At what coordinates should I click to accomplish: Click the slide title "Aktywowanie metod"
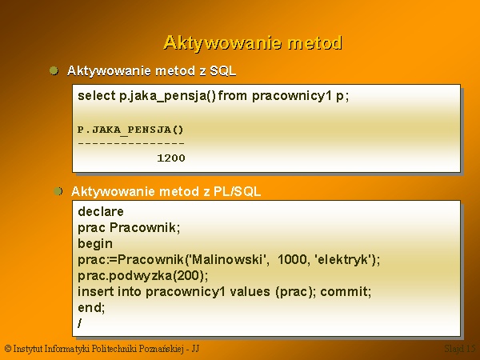(253, 43)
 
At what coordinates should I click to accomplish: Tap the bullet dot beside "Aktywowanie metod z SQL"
(54, 70)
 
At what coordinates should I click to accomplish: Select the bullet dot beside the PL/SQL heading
(58, 191)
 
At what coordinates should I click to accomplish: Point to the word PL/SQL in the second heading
(237, 192)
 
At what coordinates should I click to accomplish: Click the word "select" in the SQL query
(97, 96)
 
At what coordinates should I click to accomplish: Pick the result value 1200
(171, 158)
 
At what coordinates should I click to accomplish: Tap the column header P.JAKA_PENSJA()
(130, 130)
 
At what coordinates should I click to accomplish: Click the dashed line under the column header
(131, 143)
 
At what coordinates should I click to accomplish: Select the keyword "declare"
(101, 211)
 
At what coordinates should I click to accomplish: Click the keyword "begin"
(95, 244)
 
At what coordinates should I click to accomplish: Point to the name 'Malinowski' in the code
(227, 259)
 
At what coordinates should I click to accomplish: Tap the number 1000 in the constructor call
(292, 259)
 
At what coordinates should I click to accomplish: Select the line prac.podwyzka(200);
(143, 276)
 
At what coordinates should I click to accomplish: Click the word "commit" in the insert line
(344, 291)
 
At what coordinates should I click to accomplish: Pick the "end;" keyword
(91, 307)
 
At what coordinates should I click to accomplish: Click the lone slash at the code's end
(80, 323)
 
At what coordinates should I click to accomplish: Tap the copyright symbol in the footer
(8, 348)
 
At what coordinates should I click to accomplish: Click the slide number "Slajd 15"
(460, 348)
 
